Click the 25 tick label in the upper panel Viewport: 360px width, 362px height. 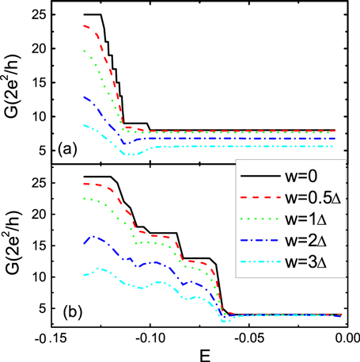click(34, 15)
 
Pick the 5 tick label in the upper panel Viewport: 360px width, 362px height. click(37, 145)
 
